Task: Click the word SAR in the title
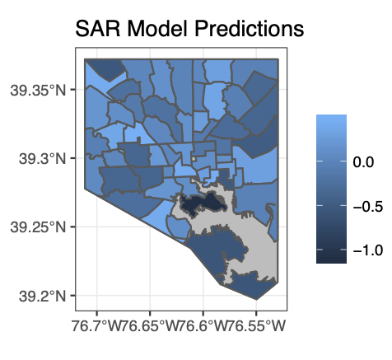pos(98,29)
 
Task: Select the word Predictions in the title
pos(250,29)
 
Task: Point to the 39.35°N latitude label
pos(38,91)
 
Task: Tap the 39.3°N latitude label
pos(42,159)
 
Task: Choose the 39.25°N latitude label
pos(38,227)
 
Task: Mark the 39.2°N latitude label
pos(42,297)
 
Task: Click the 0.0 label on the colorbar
pos(363,162)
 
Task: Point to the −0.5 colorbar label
pos(367,206)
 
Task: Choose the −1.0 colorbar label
pos(367,250)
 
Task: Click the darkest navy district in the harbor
pos(203,204)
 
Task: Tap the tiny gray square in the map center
pos(194,159)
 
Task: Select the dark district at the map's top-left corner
pos(106,68)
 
